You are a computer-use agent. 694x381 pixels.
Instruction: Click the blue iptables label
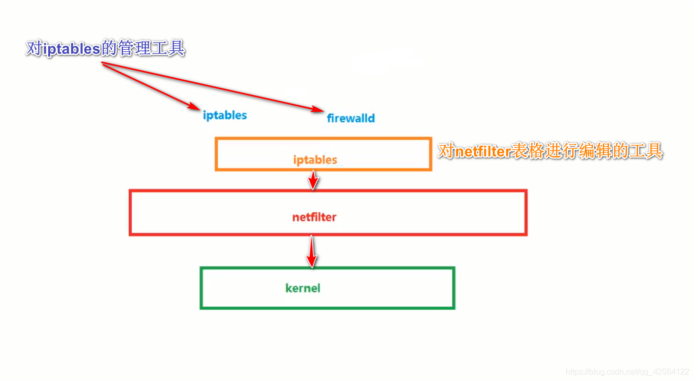coord(225,115)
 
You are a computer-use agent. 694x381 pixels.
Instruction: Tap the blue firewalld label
coord(351,118)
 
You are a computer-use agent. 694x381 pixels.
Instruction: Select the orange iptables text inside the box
coord(315,160)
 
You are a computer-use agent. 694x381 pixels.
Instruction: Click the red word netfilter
coord(314,217)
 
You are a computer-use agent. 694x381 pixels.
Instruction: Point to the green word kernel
coord(303,288)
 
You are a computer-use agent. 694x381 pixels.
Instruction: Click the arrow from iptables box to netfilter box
coord(314,180)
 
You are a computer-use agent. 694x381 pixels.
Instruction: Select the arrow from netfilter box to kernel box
coord(312,251)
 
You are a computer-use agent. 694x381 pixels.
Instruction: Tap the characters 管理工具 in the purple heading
coord(151,49)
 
